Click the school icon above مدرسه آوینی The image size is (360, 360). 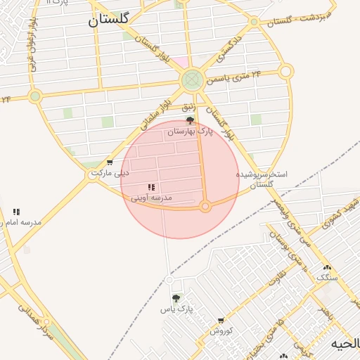pyautogui.click(x=151, y=188)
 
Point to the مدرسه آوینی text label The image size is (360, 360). pyautogui.click(x=151, y=198)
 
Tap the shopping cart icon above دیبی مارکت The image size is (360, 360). pyautogui.click(x=109, y=162)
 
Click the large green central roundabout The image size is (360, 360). pyautogui.click(x=191, y=80)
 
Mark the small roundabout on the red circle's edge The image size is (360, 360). pyautogui.click(x=205, y=207)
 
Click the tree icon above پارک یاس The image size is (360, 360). pyautogui.click(x=176, y=298)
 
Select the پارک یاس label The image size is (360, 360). pyautogui.click(x=176, y=309)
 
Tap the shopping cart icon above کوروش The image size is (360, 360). pyautogui.click(x=221, y=321)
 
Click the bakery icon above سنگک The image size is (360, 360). pyautogui.click(x=326, y=267)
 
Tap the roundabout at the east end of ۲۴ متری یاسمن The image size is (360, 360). pyautogui.click(x=285, y=71)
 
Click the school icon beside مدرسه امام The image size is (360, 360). pyautogui.click(x=16, y=212)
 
